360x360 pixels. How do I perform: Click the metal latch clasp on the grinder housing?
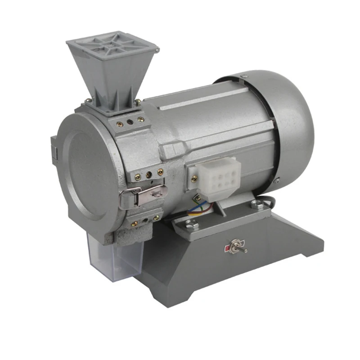point(144,195)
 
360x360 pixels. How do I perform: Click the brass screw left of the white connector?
point(194,179)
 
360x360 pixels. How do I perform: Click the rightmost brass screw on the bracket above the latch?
point(160,171)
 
